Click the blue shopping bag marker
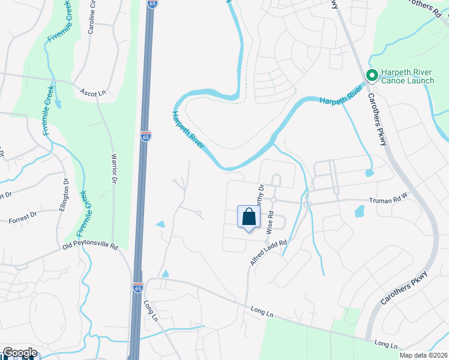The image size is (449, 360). coord(249,217)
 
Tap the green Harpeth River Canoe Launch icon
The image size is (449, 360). coord(372,76)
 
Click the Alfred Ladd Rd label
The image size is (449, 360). coord(268,253)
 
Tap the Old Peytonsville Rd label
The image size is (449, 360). coord(90,246)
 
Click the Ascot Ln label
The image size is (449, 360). coord(93,92)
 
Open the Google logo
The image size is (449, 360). coord(19,353)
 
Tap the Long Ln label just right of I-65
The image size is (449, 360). coord(150,310)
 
